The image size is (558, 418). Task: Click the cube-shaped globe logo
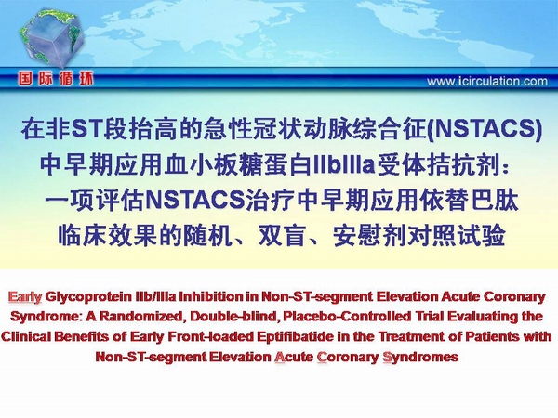point(50,37)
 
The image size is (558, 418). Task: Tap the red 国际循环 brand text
point(56,79)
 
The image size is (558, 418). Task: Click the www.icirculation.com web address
point(487,82)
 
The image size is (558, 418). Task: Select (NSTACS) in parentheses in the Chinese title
point(485,130)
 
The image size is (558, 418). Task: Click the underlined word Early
point(25,297)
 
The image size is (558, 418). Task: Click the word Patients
point(492,336)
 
